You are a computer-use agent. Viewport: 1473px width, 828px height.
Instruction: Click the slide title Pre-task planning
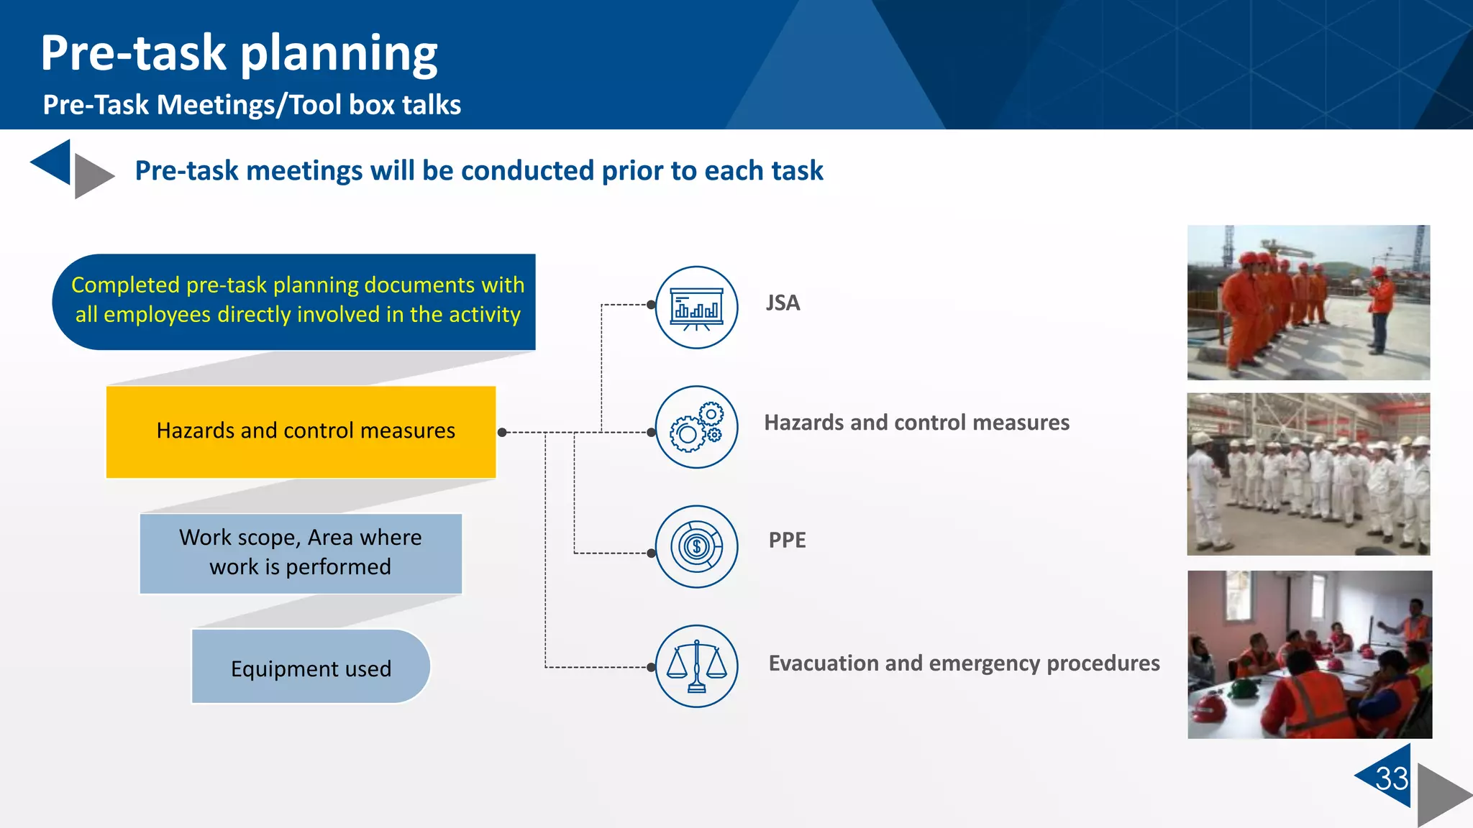[x=239, y=53]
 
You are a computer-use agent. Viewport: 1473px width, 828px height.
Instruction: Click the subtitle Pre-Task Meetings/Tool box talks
[x=252, y=105]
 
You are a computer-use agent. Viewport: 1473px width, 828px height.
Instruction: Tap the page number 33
[x=1391, y=778]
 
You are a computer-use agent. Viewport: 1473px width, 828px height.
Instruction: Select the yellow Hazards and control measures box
[x=301, y=431]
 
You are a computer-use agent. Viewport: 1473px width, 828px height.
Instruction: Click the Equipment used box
[x=311, y=667]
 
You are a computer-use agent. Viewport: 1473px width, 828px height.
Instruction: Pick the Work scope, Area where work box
[x=301, y=553]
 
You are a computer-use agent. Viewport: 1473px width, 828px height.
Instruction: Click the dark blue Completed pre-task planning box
[x=295, y=301]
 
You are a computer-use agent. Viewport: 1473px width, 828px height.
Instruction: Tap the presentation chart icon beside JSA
[x=696, y=308]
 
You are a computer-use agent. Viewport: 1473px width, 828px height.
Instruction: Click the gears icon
[x=696, y=427]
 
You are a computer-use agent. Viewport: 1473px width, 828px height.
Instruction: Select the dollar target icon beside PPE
[x=696, y=547]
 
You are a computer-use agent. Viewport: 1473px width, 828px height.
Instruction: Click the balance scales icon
[x=696, y=666]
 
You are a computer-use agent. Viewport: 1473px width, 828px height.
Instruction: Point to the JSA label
[x=783, y=303]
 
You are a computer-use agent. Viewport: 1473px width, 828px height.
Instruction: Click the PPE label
[x=787, y=540]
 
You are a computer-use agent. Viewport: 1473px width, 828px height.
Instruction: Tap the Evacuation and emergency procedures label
[x=964, y=663]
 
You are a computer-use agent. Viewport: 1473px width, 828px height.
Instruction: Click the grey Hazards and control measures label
[x=916, y=423]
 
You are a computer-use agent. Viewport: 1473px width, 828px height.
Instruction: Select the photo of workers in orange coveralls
[x=1308, y=303]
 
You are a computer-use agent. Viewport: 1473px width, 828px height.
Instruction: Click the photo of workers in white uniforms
[x=1308, y=474]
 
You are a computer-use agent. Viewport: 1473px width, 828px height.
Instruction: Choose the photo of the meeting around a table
[x=1310, y=655]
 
